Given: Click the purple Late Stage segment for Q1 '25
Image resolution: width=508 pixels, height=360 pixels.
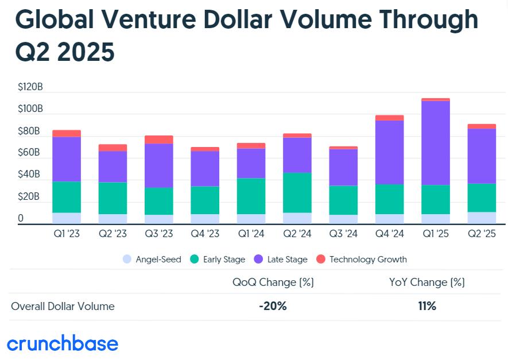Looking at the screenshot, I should pyautogui.click(x=436, y=143).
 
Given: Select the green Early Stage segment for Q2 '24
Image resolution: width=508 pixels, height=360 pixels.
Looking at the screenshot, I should pyautogui.click(x=297, y=193).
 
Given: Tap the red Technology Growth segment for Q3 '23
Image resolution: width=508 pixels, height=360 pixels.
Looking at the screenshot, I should pyautogui.click(x=159, y=140).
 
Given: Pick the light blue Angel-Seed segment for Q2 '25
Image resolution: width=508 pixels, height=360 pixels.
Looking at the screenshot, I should pyautogui.click(x=482, y=218).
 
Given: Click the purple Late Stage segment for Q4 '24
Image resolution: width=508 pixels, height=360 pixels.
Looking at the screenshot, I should pyautogui.click(x=390, y=153).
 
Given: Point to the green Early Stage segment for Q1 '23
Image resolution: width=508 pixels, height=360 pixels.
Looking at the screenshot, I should pyautogui.click(x=67, y=197).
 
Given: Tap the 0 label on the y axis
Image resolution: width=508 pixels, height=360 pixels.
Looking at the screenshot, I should pyautogui.click(x=21, y=218).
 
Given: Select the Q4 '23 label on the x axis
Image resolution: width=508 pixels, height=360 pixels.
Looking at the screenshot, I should pyautogui.click(x=205, y=234).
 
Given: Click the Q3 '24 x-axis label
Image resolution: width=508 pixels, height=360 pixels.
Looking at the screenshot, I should pyautogui.click(x=343, y=234).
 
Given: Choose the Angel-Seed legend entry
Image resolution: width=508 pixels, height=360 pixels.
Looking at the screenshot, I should pyautogui.click(x=152, y=260).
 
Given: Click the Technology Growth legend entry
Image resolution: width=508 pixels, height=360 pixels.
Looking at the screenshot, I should pyautogui.click(x=361, y=260).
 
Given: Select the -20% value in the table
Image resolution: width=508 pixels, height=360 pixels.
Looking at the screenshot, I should pyautogui.click(x=273, y=306).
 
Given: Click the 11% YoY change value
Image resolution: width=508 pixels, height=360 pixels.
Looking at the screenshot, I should pyautogui.click(x=427, y=306).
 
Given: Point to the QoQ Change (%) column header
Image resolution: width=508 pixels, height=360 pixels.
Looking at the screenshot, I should pyautogui.click(x=273, y=282).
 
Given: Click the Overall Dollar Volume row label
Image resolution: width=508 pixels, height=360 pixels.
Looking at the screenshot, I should pyautogui.click(x=63, y=306).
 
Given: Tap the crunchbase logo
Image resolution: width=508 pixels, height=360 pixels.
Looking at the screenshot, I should pyautogui.click(x=63, y=343).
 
